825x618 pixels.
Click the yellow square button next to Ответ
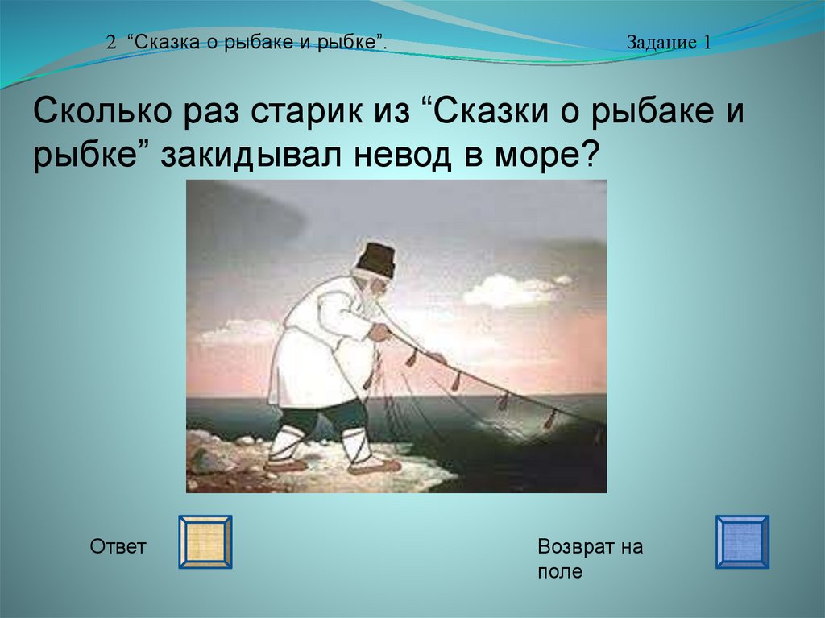point(205,541)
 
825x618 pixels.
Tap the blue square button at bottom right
point(742,541)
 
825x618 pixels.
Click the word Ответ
point(118,546)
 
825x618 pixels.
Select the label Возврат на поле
point(590,558)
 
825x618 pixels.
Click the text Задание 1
point(668,42)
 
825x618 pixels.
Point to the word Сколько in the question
point(102,111)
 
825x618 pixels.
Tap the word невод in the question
point(402,156)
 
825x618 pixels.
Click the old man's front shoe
point(374,467)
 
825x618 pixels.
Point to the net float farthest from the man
point(549,420)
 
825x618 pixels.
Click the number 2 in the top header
point(110,43)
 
